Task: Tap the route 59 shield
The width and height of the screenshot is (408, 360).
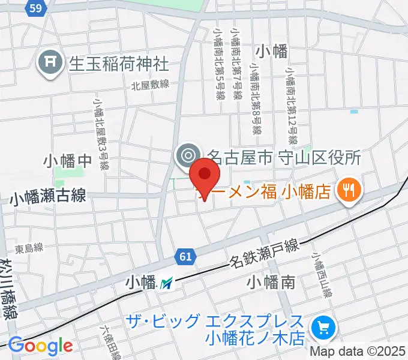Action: (x=35, y=7)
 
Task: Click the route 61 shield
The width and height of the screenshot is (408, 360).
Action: (x=185, y=257)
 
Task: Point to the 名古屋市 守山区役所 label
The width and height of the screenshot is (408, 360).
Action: (x=283, y=157)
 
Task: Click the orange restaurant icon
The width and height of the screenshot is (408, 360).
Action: (x=348, y=191)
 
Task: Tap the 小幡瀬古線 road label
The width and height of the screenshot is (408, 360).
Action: (x=47, y=196)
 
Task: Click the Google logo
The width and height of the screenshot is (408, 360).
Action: (x=40, y=346)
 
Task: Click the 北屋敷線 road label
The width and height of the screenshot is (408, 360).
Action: (x=151, y=86)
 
